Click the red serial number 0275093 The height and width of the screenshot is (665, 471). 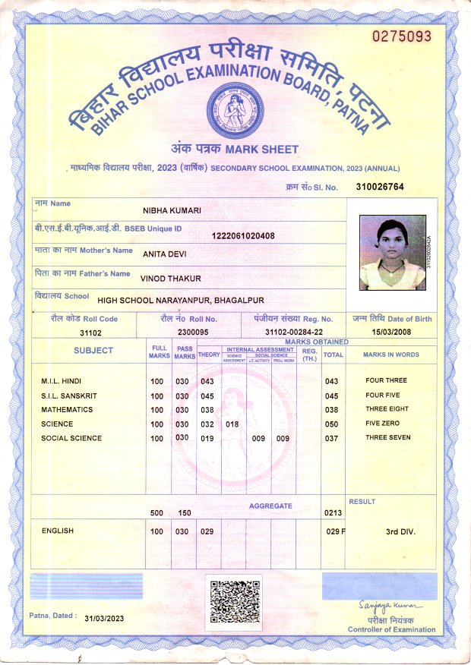point(401,36)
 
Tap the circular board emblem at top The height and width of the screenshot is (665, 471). point(234,107)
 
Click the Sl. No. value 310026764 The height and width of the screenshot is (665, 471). point(380,186)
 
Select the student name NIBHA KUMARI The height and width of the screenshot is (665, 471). point(172,210)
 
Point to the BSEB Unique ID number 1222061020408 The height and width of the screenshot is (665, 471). point(243,235)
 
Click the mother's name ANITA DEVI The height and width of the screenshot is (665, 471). point(165,254)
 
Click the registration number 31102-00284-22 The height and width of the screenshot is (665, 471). point(294,332)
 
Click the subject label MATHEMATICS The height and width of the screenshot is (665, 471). point(67,410)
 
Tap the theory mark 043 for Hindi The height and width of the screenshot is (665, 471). point(207,381)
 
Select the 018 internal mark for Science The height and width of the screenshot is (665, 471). point(232,424)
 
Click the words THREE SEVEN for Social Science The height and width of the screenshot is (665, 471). point(387,438)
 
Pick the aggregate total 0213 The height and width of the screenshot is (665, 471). point(333,513)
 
